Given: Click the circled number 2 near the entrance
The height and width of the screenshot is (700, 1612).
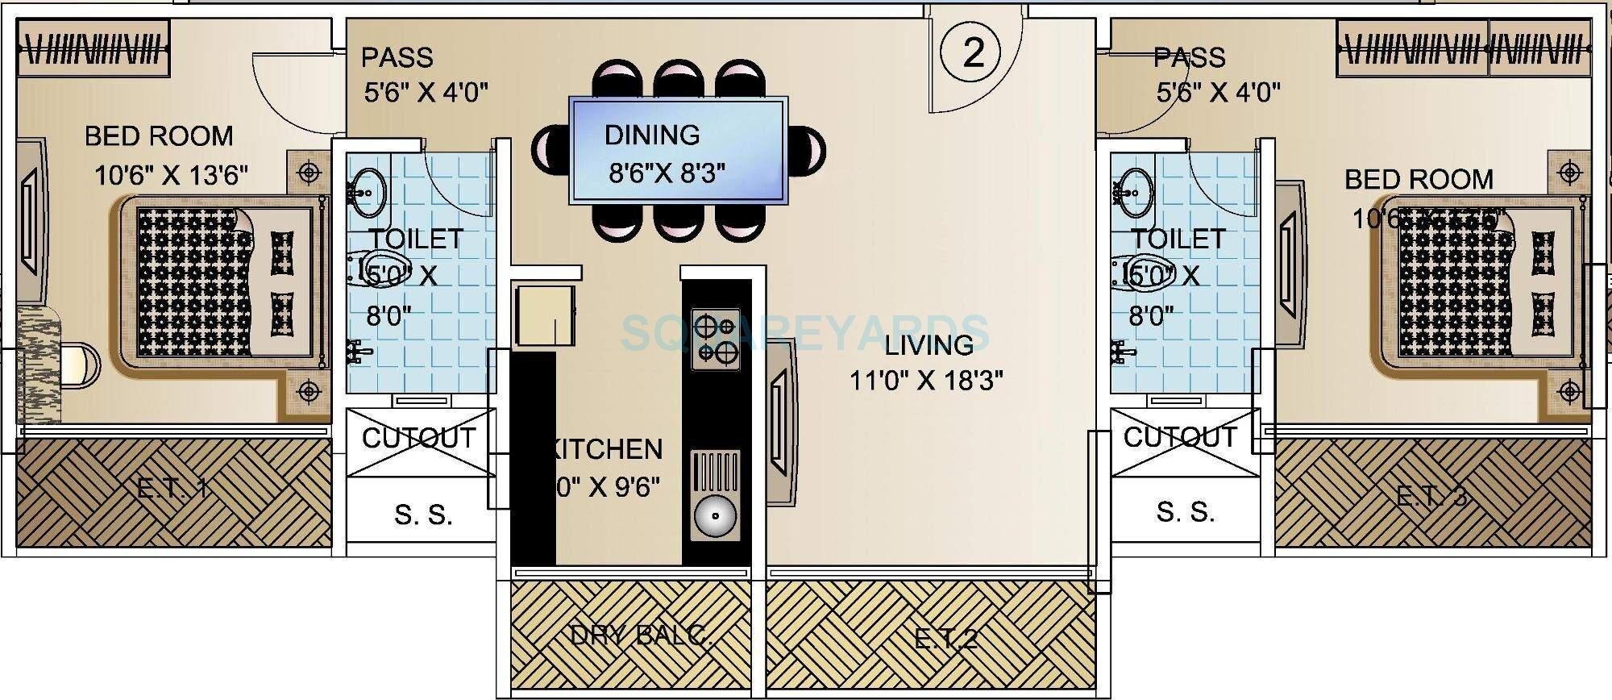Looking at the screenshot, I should [973, 53].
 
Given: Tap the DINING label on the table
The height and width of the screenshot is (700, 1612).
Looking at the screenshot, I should [651, 135].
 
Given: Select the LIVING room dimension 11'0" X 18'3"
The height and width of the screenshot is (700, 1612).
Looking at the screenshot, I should [926, 380].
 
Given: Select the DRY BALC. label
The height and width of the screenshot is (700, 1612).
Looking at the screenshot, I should [641, 635].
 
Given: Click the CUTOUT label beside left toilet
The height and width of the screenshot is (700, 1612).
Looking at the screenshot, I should [418, 439].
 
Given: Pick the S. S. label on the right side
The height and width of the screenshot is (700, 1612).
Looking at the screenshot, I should [1185, 511].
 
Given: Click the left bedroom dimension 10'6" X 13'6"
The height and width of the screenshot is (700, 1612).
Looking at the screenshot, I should [171, 175].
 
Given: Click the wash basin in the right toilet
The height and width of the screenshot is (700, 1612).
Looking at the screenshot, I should [1136, 192].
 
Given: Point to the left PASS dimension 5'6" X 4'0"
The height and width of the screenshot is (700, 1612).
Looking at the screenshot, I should [426, 93].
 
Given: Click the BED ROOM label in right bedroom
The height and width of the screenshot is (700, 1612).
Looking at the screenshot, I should [1419, 179].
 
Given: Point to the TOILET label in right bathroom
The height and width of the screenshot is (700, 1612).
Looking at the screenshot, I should [1178, 239].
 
